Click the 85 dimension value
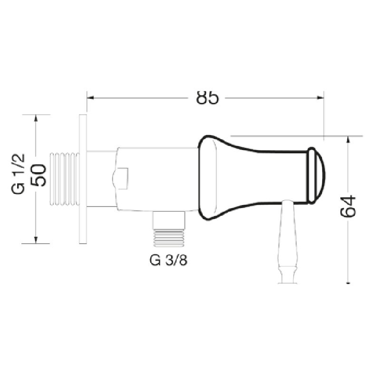tap(207, 98)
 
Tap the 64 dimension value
tap(348, 207)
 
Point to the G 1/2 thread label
tap(18, 174)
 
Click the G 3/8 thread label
tap(168, 260)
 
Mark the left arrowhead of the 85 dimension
tap(90, 98)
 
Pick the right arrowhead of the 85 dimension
tap(320, 98)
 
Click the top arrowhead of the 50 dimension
tap(36, 118)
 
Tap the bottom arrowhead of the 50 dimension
tap(36, 240)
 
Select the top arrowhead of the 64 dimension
tap(348, 139)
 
